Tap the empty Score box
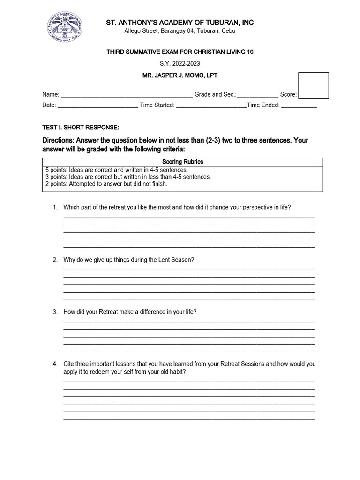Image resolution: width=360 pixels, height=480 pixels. [314, 85]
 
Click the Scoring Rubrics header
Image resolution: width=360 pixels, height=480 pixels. [183, 162]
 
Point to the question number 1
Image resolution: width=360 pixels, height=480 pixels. [55, 207]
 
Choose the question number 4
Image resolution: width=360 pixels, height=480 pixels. [55, 364]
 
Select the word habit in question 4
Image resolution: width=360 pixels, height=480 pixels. [178, 372]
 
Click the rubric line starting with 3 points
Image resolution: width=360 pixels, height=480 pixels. [128, 177]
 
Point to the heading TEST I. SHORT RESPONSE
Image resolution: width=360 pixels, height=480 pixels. [81, 127]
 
